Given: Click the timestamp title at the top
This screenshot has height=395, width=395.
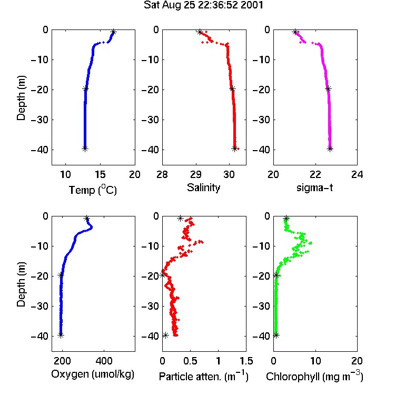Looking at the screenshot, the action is [x=203, y=5].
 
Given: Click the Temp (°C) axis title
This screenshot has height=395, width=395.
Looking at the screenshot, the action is [x=93, y=190].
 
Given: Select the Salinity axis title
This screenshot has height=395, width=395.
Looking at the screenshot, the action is [x=203, y=188].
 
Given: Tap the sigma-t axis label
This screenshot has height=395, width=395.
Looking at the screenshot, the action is [x=315, y=187].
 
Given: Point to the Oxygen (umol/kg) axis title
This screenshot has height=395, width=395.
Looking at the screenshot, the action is [x=93, y=374].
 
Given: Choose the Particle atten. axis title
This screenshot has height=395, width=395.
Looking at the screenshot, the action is [x=204, y=376].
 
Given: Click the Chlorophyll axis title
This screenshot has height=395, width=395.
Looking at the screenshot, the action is [x=314, y=376].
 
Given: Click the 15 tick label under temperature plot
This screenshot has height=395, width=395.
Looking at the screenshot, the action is [x=100, y=174].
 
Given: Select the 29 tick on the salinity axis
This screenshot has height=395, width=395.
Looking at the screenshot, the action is [x=196, y=174].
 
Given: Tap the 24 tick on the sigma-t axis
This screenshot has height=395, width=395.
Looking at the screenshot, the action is [x=357, y=174].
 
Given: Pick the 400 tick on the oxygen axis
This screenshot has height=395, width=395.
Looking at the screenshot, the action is [x=104, y=361].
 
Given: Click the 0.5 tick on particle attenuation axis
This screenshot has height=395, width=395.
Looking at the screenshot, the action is [x=190, y=361].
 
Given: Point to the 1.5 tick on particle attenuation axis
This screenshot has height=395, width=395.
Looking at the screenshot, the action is [x=246, y=361].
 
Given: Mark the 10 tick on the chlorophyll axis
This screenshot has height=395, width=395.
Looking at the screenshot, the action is [x=315, y=361].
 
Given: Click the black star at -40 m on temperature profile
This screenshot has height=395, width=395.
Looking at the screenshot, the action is [x=85, y=149].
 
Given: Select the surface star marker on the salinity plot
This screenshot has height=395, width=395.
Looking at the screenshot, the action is [x=200, y=32].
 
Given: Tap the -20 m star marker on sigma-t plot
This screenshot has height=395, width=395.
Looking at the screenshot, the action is [x=328, y=88].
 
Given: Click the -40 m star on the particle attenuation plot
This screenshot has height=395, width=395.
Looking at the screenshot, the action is [x=165, y=335].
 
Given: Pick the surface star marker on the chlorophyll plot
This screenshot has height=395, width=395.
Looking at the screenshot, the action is [x=286, y=219].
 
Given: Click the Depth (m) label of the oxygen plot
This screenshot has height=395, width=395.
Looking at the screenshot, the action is [x=21, y=284].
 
